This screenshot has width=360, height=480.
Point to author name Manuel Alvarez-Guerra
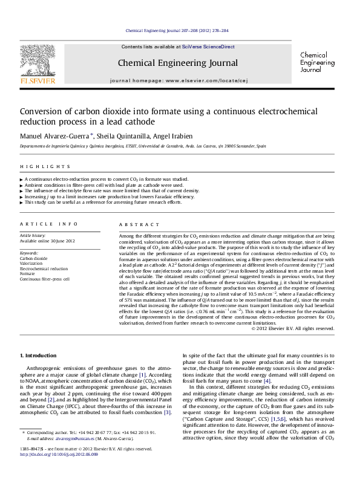click(x=55, y=135)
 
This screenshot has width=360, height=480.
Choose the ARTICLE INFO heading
click(x=39, y=224)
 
